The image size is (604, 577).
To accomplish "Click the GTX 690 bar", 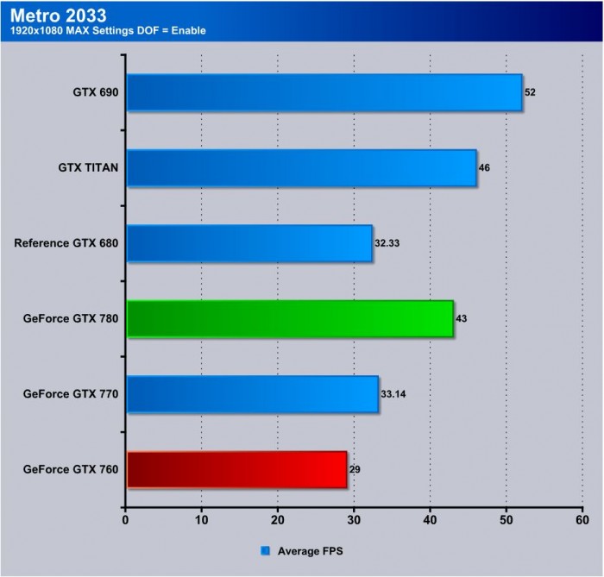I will [x=324, y=92].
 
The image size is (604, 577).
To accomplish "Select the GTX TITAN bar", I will [x=301, y=167].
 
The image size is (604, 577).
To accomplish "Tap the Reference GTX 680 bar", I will [x=249, y=243].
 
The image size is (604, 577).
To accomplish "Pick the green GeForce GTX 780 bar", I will [x=290, y=319].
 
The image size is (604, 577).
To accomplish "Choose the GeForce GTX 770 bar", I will [x=252, y=394].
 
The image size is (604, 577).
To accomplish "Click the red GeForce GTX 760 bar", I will [x=236, y=470].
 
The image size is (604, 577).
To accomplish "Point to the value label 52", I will [x=530, y=91].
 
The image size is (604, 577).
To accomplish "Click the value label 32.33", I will [x=387, y=243].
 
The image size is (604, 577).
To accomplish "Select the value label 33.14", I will [x=393, y=394].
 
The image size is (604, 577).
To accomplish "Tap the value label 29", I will [x=355, y=470].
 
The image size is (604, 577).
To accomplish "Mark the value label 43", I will [x=462, y=319].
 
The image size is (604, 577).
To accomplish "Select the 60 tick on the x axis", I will [x=582, y=519].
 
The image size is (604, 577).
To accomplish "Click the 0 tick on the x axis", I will [x=126, y=519].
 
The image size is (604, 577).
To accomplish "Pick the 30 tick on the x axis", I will [x=354, y=519].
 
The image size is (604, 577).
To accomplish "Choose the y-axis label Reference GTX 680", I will [x=66, y=243].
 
